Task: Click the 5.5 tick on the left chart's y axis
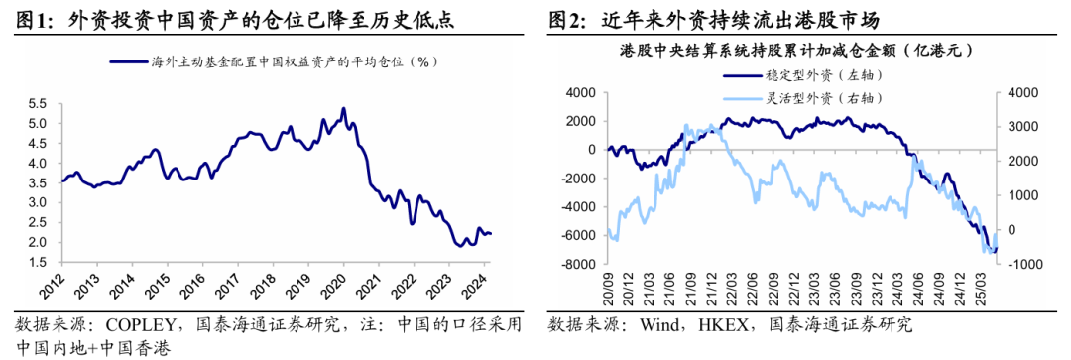pos(38,104)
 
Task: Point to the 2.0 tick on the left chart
pos(38,243)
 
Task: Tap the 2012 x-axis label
pos(59,283)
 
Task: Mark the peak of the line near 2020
pos(343,108)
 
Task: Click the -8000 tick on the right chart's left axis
pos(575,263)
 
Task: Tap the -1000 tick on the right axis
pos(1021,263)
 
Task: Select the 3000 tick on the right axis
pos(1021,127)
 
